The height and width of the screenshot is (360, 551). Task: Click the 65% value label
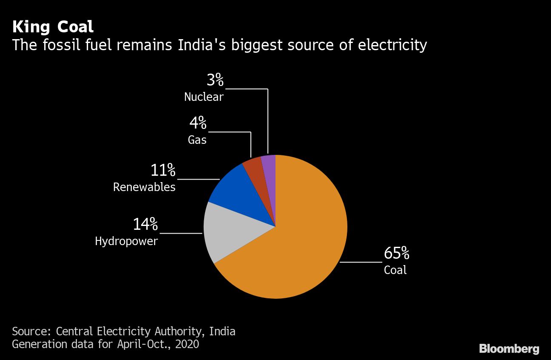pos(396,254)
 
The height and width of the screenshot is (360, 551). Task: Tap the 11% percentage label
pos(163,171)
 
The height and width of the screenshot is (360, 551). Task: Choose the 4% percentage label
pos(198,123)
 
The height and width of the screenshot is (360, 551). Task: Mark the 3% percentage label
pos(215,80)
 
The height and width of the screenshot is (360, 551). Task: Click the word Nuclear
pos(204,97)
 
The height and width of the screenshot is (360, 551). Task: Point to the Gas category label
pos(197,140)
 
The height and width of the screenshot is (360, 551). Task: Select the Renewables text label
pos(144,187)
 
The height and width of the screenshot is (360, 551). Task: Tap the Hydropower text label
pos(126,241)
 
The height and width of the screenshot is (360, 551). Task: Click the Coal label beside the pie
pos(395,270)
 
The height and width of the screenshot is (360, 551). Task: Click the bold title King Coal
pos(53,27)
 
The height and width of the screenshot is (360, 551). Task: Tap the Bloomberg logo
pos(509,349)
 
